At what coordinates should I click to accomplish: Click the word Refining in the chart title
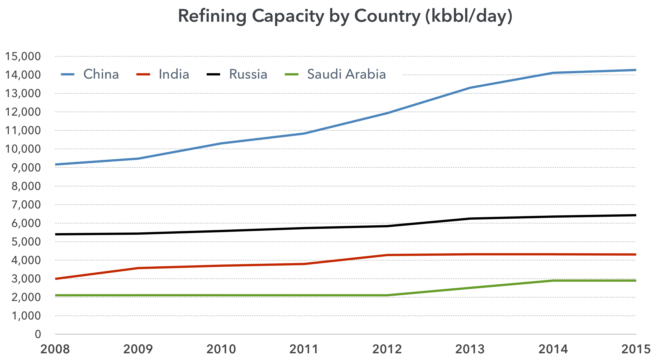pos(212,16)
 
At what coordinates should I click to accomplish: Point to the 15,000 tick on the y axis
pos(23,56)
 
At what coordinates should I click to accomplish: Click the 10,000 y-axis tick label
pos(23,149)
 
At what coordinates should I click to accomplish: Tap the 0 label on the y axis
pos(38,334)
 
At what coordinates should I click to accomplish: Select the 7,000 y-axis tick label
pos(26,205)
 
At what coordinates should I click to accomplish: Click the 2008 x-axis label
pos(55,349)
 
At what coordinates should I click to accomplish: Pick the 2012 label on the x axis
pos(387,349)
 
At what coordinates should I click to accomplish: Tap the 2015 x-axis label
pos(636,349)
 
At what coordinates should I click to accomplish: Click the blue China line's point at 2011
pos(304,133)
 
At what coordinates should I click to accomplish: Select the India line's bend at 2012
pos(387,255)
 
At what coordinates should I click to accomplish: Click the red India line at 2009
pos(138,268)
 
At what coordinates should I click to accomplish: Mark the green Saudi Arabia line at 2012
pos(387,295)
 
